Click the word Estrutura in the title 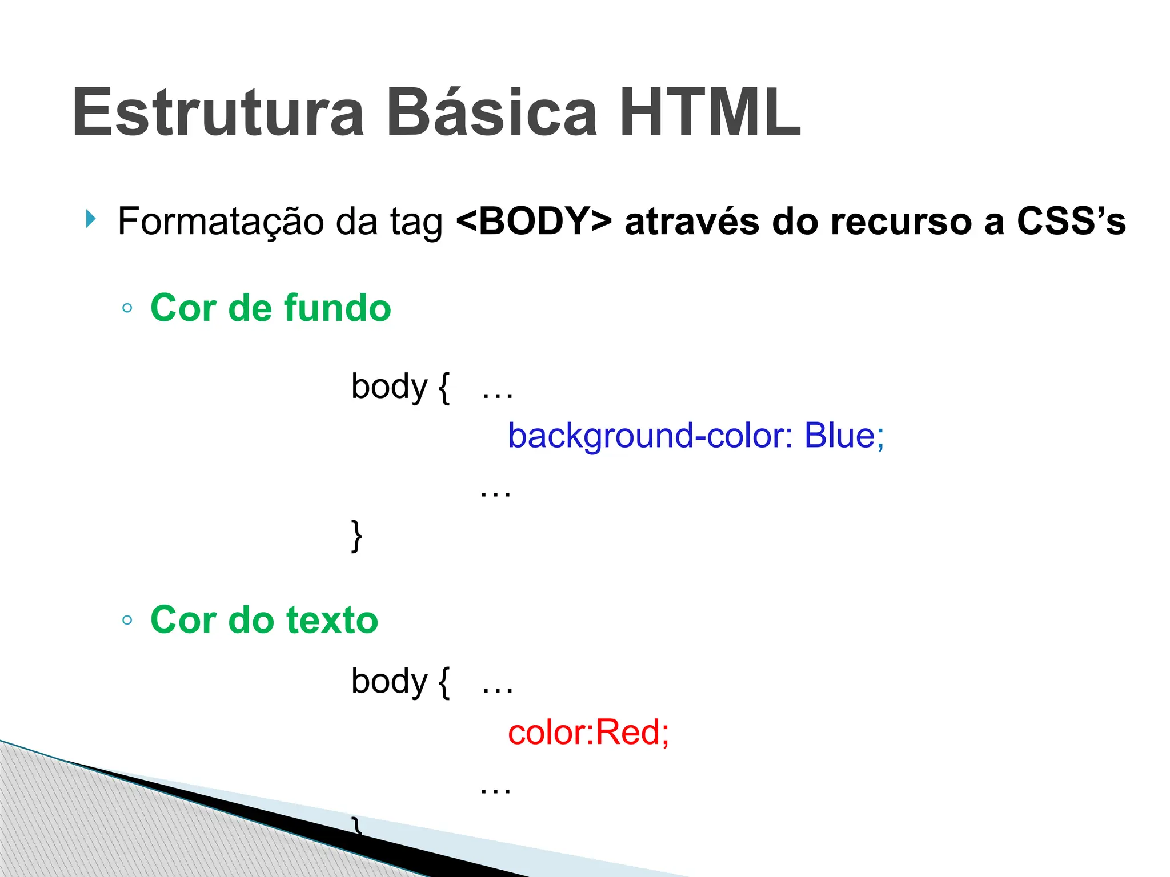pyautogui.click(x=218, y=112)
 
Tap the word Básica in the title pyautogui.click(x=492, y=112)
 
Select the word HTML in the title pyautogui.click(x=710, y=112)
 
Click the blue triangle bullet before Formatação pyautogui.click(x=90, y=218)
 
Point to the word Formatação pyautogui.click(x=220, y=222)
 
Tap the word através pyautogui.click(x=691, y=221)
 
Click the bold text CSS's pyautogui.click(x=1071, y=221)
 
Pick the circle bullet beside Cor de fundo pyautogui.click(x=127, y=309)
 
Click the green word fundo pyautogui.click(x=337, y=308)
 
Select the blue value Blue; pyautogui.click(x=844, y=436)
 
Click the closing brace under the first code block pyautogui.click(x=356, y=536)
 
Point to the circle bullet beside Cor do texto pyautogui.click(x=127, y=621)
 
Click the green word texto pyautogui.click(x=332, y=620)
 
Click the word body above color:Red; pyautogui.click(x=389, y=682)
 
